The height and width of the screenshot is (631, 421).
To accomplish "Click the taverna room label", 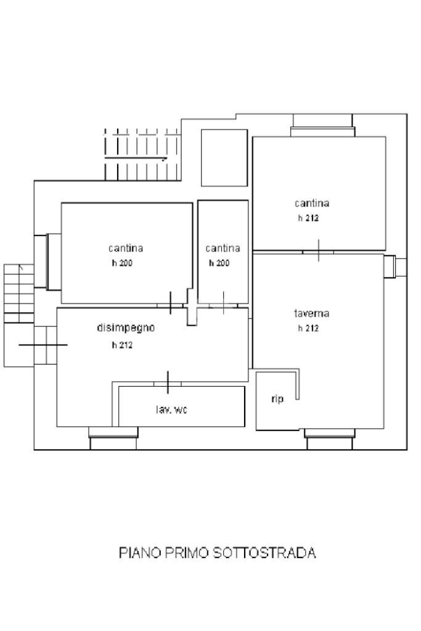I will pos(311,313).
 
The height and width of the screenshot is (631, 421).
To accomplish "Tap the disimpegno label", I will pos(126,328).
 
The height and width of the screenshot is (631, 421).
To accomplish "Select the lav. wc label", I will pos(171,410).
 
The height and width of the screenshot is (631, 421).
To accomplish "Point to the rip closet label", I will pos(277,399).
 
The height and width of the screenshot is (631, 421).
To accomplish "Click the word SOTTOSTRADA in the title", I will pos(264,553).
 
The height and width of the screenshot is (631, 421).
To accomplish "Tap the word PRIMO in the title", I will pos(187,553).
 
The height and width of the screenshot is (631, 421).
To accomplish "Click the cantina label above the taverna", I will pos(312,203).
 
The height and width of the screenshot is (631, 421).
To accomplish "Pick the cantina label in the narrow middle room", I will pos(223,248).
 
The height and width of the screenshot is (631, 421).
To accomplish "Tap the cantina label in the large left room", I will pos(126,248).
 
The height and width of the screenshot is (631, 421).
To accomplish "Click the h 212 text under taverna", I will pos(308,329).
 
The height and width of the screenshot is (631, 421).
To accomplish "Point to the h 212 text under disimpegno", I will pos(122,345).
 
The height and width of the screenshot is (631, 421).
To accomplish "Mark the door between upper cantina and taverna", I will pos(318,251).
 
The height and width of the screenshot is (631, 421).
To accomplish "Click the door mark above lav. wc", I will pos(168,382).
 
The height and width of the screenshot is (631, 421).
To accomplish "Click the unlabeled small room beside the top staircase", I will pos(224,157).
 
